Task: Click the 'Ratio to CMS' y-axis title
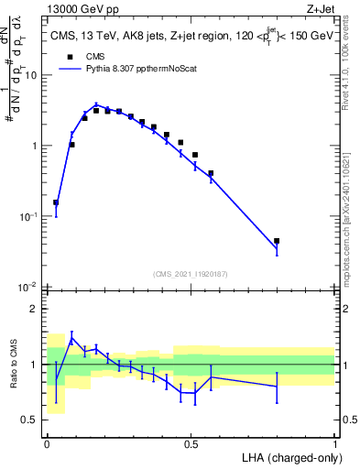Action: tap(13, 365)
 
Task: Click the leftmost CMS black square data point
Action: tap(56, 202)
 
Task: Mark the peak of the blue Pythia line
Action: tap(96, 104)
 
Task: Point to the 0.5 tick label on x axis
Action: tap(191, 442)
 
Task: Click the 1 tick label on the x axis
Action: tap(335, 442)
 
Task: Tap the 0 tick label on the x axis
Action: tap(47, 442)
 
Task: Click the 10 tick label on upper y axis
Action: tap(29, 75)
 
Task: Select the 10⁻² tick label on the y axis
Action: tap(28, 288)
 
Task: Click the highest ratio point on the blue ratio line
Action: tap(72, 338)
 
